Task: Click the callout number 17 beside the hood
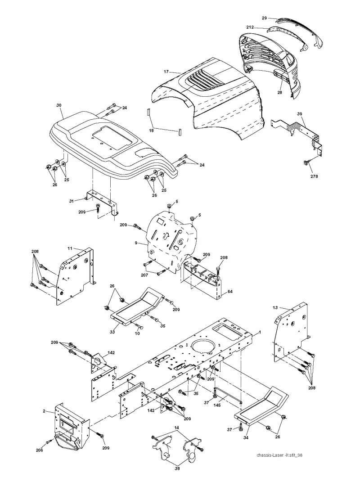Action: click(x=166, y=72)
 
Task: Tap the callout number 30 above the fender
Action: click(x=59, y=105)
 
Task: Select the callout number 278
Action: click(x=314, y=176)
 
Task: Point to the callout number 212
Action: click(x=250, y=27)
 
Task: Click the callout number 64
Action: click(x=229, y=292)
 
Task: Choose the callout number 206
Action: click(x=39, y=450)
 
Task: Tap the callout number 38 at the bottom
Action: click(x=177, y=469)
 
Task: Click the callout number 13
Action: click(x=275, y=307)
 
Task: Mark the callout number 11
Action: click(x=70, y=248)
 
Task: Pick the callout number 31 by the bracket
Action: click(x=71, y=201)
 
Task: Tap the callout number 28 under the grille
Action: click(x=279, y=93)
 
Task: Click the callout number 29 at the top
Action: click(x=265, y=18)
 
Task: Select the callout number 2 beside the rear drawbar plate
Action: click(x=44, y=411)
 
